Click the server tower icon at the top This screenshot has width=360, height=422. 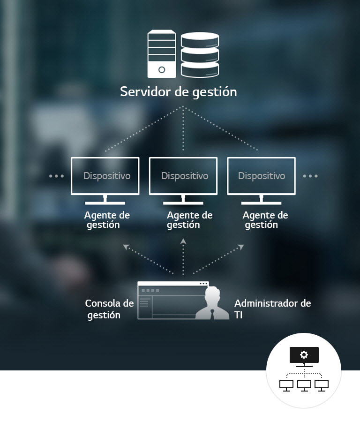click(162, 54)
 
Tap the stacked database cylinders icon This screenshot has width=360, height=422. click(200, 55)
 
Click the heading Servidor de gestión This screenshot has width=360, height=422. click(179, 92)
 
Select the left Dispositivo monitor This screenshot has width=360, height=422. click(105, 181)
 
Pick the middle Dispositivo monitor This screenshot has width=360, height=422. click(183, 181)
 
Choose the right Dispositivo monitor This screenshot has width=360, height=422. click(261, 181)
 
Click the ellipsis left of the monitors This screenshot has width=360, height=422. click(57, 176)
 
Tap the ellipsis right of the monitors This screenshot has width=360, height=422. click(310, 176)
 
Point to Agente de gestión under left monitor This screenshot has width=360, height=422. click(107, 220)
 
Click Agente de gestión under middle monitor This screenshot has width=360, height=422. click(189, 220)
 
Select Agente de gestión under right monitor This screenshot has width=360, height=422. click(265, 220)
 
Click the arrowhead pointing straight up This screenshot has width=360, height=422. click(183, 241)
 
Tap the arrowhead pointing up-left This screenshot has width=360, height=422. click(126, 247)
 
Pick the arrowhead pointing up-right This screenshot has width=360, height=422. click(241, 247)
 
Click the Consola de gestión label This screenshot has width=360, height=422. click(109, 309)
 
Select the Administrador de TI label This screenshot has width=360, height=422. click(272, 309)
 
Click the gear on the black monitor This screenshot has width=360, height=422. click(304, 354)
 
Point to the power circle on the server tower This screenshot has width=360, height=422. click(162, 70)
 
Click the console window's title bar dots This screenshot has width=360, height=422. click(204, 284)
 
